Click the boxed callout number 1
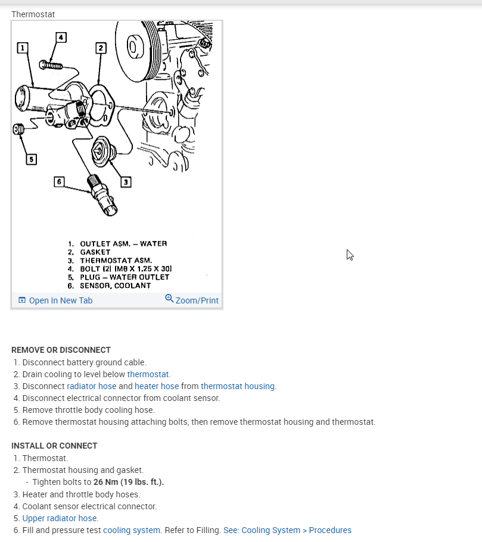(x=22, y=47)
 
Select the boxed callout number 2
(x=101, y=48)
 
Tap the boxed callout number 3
(x=126, y=181)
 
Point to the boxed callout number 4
(x=61, y=37)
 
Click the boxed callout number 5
(x=31, y=159)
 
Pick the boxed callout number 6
(x=58, y=181)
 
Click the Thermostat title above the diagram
(x=33, y=14)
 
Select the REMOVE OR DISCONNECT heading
(x=61, y=350)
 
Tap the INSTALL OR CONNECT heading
(x=54, y=446)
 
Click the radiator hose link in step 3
(x=91, y=386)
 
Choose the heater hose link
(x=157, y=386)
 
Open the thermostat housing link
(x=238, y=386)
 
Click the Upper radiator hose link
(x=60, y=518)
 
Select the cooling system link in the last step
(x=132, y=530)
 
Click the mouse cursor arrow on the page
(x=350, y=255)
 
